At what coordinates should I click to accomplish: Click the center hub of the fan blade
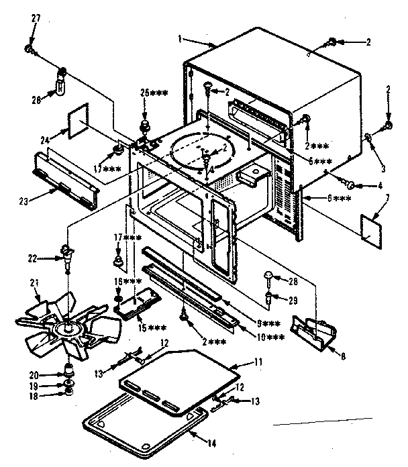[68, 329]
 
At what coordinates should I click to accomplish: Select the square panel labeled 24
[81, 128]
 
